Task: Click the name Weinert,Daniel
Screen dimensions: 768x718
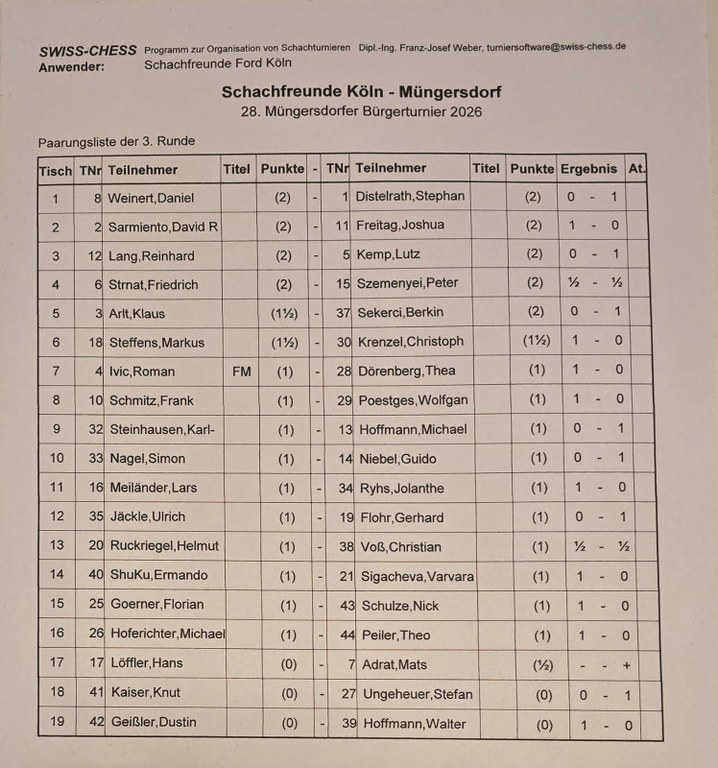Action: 150,198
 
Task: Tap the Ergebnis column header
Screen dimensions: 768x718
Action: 589,168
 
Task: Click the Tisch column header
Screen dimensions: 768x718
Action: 56,170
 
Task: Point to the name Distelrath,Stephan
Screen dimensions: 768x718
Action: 411,196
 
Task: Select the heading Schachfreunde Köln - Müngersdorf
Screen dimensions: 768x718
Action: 361,92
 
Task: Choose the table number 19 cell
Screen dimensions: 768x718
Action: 56,722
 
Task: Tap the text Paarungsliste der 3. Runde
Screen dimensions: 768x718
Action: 116,141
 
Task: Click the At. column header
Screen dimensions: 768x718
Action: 636,168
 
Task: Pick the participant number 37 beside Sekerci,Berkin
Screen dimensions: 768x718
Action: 341,312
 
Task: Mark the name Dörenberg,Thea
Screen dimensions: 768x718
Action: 405,370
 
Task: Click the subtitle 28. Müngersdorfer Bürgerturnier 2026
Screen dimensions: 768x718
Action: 361,112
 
